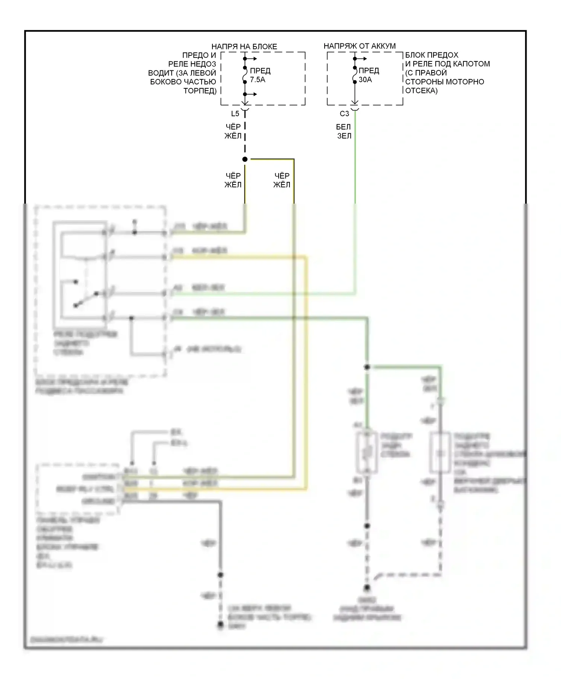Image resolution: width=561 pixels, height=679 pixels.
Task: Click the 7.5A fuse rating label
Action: click(257, 80)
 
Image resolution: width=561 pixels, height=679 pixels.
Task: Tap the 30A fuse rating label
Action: click(365, 80)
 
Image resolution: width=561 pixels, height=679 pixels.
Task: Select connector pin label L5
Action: click(235, 113)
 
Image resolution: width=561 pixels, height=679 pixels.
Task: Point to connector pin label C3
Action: click(344, 113)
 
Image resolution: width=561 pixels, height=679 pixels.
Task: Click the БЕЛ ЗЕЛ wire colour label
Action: click(344, 131)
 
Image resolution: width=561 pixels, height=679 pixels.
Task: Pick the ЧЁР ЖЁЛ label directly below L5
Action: click(233, 131)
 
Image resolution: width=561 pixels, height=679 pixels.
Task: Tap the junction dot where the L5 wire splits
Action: click(245, 159)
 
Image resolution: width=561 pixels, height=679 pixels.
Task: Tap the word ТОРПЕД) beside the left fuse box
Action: click(200, 91)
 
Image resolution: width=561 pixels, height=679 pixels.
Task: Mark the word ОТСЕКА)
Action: click(421, 91)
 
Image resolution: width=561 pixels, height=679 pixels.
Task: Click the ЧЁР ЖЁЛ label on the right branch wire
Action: click(282, 180)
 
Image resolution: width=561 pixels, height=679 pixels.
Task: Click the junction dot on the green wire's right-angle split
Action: click(367, 367)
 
